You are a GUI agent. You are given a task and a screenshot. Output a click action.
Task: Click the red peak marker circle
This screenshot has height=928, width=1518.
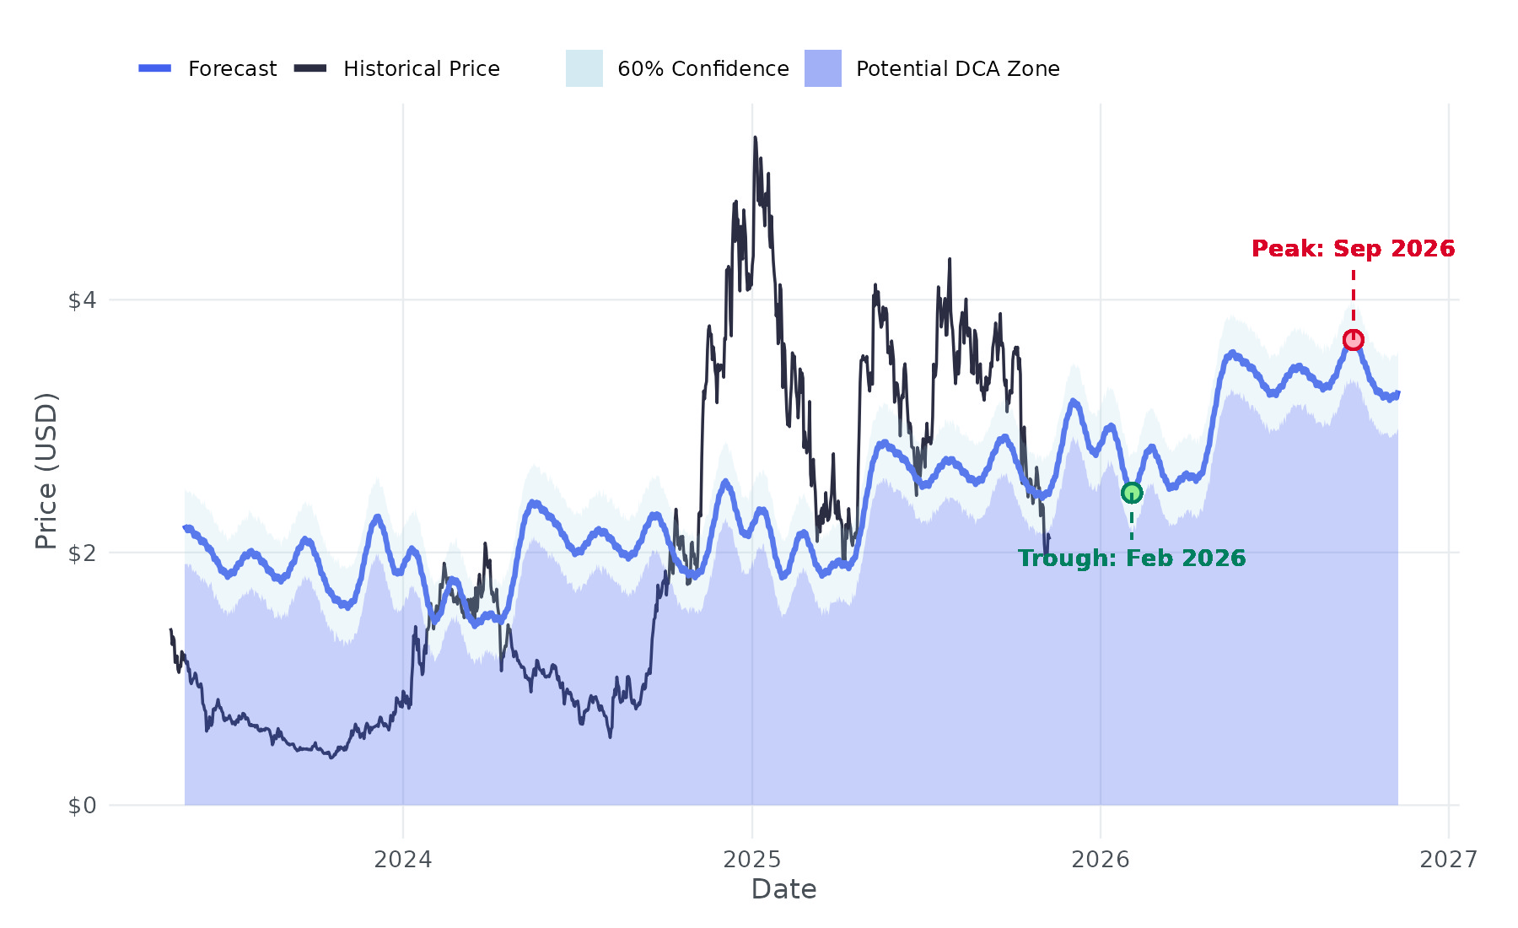click(1353, 340)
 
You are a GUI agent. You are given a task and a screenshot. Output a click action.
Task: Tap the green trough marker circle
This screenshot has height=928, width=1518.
click(1132, 494)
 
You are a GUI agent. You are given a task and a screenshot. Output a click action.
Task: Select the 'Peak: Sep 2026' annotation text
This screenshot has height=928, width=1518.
click(1353, 249)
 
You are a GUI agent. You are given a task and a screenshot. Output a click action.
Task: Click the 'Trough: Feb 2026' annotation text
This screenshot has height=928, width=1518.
click(1132, 558)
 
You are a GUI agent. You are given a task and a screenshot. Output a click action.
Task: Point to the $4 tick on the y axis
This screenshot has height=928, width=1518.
click(82, 300)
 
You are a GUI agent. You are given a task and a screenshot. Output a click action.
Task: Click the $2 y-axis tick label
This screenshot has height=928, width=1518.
click(82, 553)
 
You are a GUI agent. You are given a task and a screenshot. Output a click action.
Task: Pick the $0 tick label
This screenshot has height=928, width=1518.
click(82, 806)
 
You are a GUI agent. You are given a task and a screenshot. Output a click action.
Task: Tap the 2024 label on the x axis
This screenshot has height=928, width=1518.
click(403, 860)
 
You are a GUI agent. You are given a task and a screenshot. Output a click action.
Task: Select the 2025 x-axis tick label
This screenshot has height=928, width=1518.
click(752, 860)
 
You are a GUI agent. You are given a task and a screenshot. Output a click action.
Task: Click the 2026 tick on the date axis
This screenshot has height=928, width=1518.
click(1101, 860)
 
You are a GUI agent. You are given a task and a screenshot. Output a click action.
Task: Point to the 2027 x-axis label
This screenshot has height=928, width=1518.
click(1449, 860)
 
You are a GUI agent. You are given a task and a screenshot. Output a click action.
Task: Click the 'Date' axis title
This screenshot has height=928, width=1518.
click(783, 889)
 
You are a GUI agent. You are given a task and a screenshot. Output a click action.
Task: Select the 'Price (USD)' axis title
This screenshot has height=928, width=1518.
click(46, 471)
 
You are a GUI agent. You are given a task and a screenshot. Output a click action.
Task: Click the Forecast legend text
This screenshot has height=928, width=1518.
click(232, 69)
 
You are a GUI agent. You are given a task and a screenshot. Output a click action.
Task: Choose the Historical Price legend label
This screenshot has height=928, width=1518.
click(421, 69)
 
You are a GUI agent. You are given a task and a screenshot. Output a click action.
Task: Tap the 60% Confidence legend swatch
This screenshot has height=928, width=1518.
click(584, 68)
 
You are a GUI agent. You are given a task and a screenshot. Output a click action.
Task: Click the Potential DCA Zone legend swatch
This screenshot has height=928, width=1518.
click(822, 68)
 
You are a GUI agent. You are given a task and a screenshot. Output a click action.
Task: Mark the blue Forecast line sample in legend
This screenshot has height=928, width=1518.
click(155, 68)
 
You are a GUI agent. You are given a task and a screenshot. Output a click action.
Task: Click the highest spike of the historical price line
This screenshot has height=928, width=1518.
click(755, 138)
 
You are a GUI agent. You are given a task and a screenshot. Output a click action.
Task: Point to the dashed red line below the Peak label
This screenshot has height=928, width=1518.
click(1354, 295)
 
